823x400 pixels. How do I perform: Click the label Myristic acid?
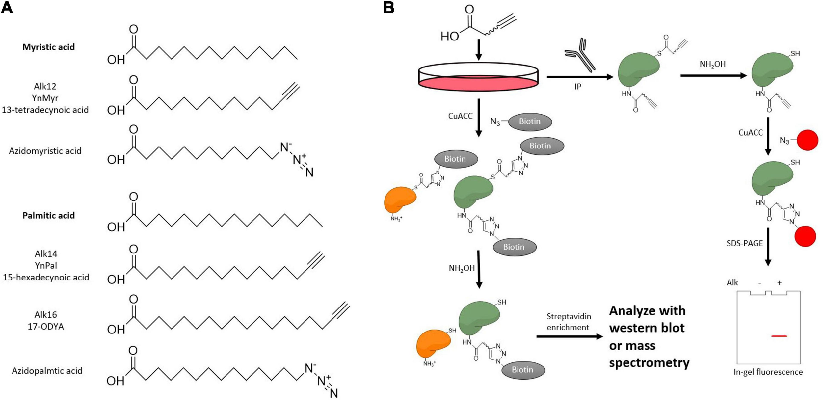click(x=48, y=47)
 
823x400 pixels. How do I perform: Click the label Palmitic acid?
click(x=48, y=215)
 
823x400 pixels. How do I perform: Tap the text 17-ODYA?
click(x=46, y=327)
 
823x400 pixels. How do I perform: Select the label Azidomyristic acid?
click(x=45, y=151)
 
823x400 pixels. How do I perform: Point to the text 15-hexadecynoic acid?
click(x=46, y=277)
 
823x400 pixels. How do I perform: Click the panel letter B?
click(x=389, y=7)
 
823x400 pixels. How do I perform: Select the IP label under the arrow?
click(x=578, y=87)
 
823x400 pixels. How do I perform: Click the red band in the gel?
click(x=779, y=336)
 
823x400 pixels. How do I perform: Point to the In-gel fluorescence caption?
click(x=768, y=372)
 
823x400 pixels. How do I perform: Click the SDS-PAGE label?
click(x=745, y=243)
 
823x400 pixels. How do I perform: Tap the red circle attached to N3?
click(x=807, y=140)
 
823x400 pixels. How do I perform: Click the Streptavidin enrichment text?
click(x=569, y=322)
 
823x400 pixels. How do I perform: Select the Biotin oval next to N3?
click(x=530, y=121)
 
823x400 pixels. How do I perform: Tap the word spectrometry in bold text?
click(x=649, y=362)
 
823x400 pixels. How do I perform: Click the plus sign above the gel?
click(x=779, y=283)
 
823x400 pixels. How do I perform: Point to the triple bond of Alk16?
click(x=341, y=310)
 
